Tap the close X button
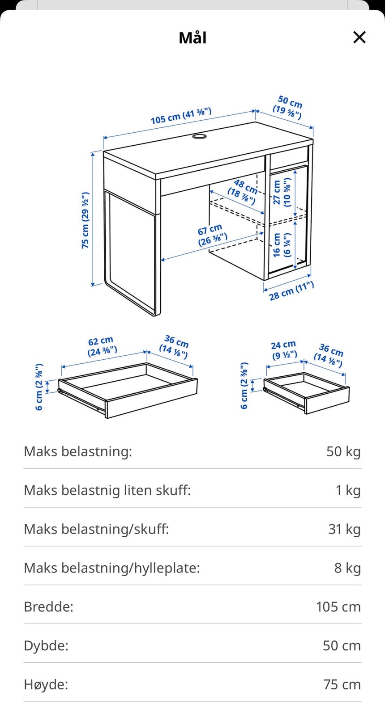359,38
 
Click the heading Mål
192,38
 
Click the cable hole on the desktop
200,136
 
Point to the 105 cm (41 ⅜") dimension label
181,116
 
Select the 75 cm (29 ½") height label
85,220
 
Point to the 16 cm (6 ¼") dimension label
282,245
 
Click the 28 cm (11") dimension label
291,291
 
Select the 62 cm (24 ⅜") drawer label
102,346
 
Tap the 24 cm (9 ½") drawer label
284,350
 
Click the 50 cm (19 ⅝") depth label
288,107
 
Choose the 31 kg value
344,529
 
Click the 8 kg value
347,568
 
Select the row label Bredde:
48,607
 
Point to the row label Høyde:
46,685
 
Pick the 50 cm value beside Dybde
342,646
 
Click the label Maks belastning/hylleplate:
111,568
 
